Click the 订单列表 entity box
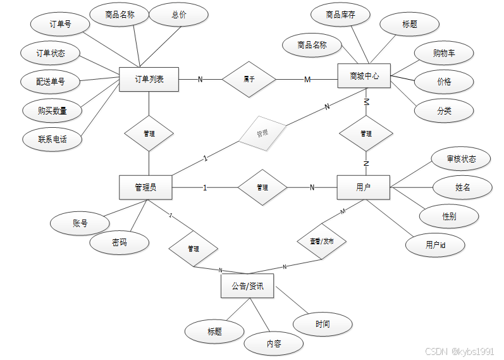click(149, 79)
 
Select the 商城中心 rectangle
click(364, 77)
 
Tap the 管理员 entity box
click(145, 187)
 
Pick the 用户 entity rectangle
click(363, 187)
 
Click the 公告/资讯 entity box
click(247, 286)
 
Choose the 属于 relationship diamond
click(249, 80)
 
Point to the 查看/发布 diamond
click(322, 241)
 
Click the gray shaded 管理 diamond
click(262, 134)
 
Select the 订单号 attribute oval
click(60, 25)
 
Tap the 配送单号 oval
click(50, 82)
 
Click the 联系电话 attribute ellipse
click(52, 139)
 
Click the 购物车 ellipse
click(444, 54)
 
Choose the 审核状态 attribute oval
click(461, 159)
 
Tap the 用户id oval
click(435, 244)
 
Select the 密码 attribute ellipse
click(119, 242)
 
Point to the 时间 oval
click(323, 324)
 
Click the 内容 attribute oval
click(274, 344)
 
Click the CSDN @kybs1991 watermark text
click(460, 351)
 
